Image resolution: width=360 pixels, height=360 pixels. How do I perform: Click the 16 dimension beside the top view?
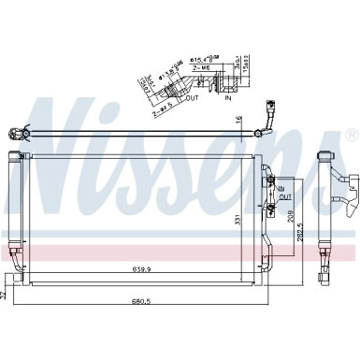[x=238, y=118]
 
